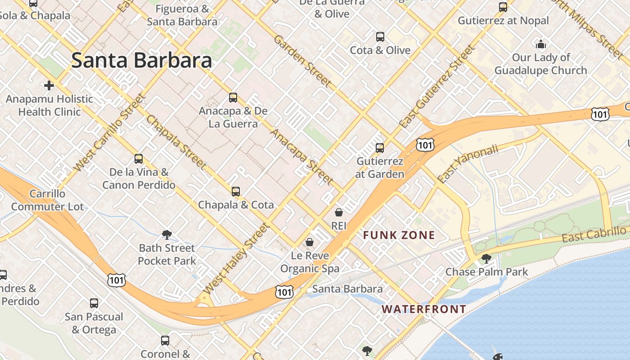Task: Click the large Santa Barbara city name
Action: (141, 60)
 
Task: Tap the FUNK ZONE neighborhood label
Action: (399, 235)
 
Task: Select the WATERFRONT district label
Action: (423, 309)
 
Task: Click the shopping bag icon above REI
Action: (339, 212)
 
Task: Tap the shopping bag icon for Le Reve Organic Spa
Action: (310, 243)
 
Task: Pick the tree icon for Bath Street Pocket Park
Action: (167, 234)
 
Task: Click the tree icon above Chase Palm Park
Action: (486, 258)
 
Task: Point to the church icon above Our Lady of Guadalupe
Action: (541, 44)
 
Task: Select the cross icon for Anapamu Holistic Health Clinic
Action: (49, 85)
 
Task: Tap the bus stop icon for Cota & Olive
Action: (380, 37)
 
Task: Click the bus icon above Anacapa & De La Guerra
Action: (233, 98)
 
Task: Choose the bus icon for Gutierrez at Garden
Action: (380, 148)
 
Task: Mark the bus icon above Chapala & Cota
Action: (236, 192)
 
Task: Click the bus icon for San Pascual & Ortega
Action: (94, 303)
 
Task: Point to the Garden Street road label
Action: (302, 61)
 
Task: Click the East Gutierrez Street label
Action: (437, 87)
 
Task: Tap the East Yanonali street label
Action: (468, 163)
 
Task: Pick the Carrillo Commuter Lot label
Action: (47, 200)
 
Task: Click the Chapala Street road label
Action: (176, 142)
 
